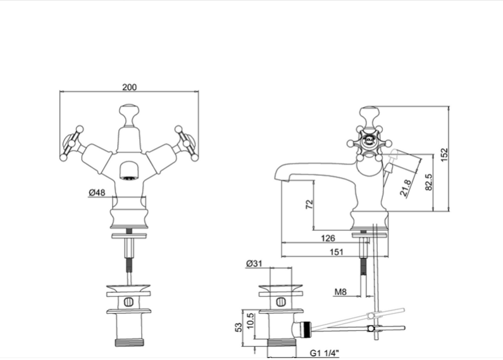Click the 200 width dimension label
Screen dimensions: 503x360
[x=129, y=87]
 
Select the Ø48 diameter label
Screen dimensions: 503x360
[x=97, y=192]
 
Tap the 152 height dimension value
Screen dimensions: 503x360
[x=444, y=154]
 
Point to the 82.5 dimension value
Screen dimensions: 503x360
[x=428, y=182]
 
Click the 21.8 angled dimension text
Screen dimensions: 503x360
[x=406, y=188]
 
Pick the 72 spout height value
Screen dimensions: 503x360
[x=309, y=204]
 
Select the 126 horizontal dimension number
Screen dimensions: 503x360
[x=328, y=238]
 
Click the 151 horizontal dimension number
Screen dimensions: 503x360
[x=337, y=252]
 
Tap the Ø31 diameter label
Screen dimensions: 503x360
[x=254, y=263]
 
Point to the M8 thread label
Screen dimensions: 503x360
[x=340, y=292]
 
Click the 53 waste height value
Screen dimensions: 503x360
[x=239, y=327]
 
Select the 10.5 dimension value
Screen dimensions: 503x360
[x=251, y=321]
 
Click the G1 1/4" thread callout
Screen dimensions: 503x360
[x=325, y=353]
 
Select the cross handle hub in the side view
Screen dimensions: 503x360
[x=369, y=140]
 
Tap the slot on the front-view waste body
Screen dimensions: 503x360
[x=128, y=302]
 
